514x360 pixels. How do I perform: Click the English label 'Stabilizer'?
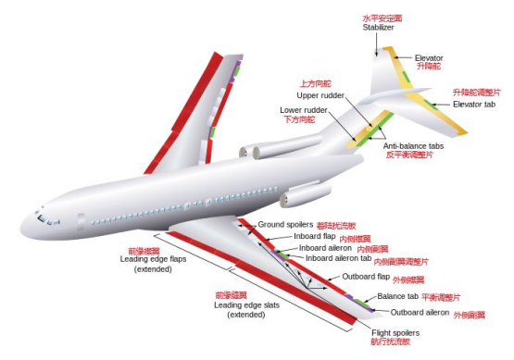pyautogui.click(x=379, y=28)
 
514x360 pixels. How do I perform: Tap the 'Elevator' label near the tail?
pyautogui.click(x=430, y=57)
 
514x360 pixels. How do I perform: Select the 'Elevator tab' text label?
pyautogui.click(x=474, y=104)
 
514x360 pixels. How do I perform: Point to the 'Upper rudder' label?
pyautogui.click(x=320, y=95)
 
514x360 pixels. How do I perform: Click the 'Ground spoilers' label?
pyautogui.click(x=285, y=225)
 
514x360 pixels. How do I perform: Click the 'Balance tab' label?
pyautogui.click(x=397, y=297)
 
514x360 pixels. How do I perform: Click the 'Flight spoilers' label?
pyautogui.click(x=395, y=332)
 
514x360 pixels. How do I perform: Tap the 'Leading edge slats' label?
pyautogui.click(x=245, y=304)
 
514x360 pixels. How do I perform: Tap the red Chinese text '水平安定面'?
pyautogui.click(x=380, y=18)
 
